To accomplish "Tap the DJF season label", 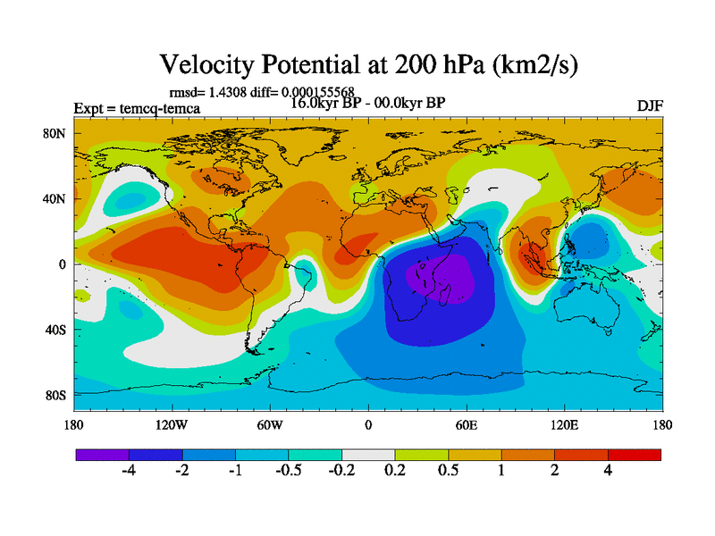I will click(649, 105).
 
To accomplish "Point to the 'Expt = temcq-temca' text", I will click(137, 109).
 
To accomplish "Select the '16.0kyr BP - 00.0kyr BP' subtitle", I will click(367, 102).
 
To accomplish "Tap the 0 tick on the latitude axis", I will click(63, 264).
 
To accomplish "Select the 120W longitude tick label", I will click(172, 425).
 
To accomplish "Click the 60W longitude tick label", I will click(270, 425).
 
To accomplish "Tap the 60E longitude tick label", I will click(467, 425).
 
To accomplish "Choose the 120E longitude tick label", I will click(564, 425).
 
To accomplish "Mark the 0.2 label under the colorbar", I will click(394, 471).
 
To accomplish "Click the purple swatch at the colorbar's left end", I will click(102, 455).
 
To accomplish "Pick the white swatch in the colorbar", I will click(368, 455).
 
